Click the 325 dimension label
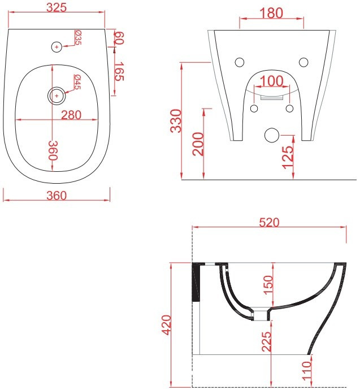pos(57,7)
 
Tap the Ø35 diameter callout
pos(78,37)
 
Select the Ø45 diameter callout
pos(78,82)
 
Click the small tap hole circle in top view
pos(57,47)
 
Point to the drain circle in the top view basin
pos(57,96)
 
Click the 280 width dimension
pos(71,115)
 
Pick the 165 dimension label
pos(119,71)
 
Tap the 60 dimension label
pos(119,38)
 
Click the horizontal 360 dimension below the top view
pos(57,196)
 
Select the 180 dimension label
pos(271,13)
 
